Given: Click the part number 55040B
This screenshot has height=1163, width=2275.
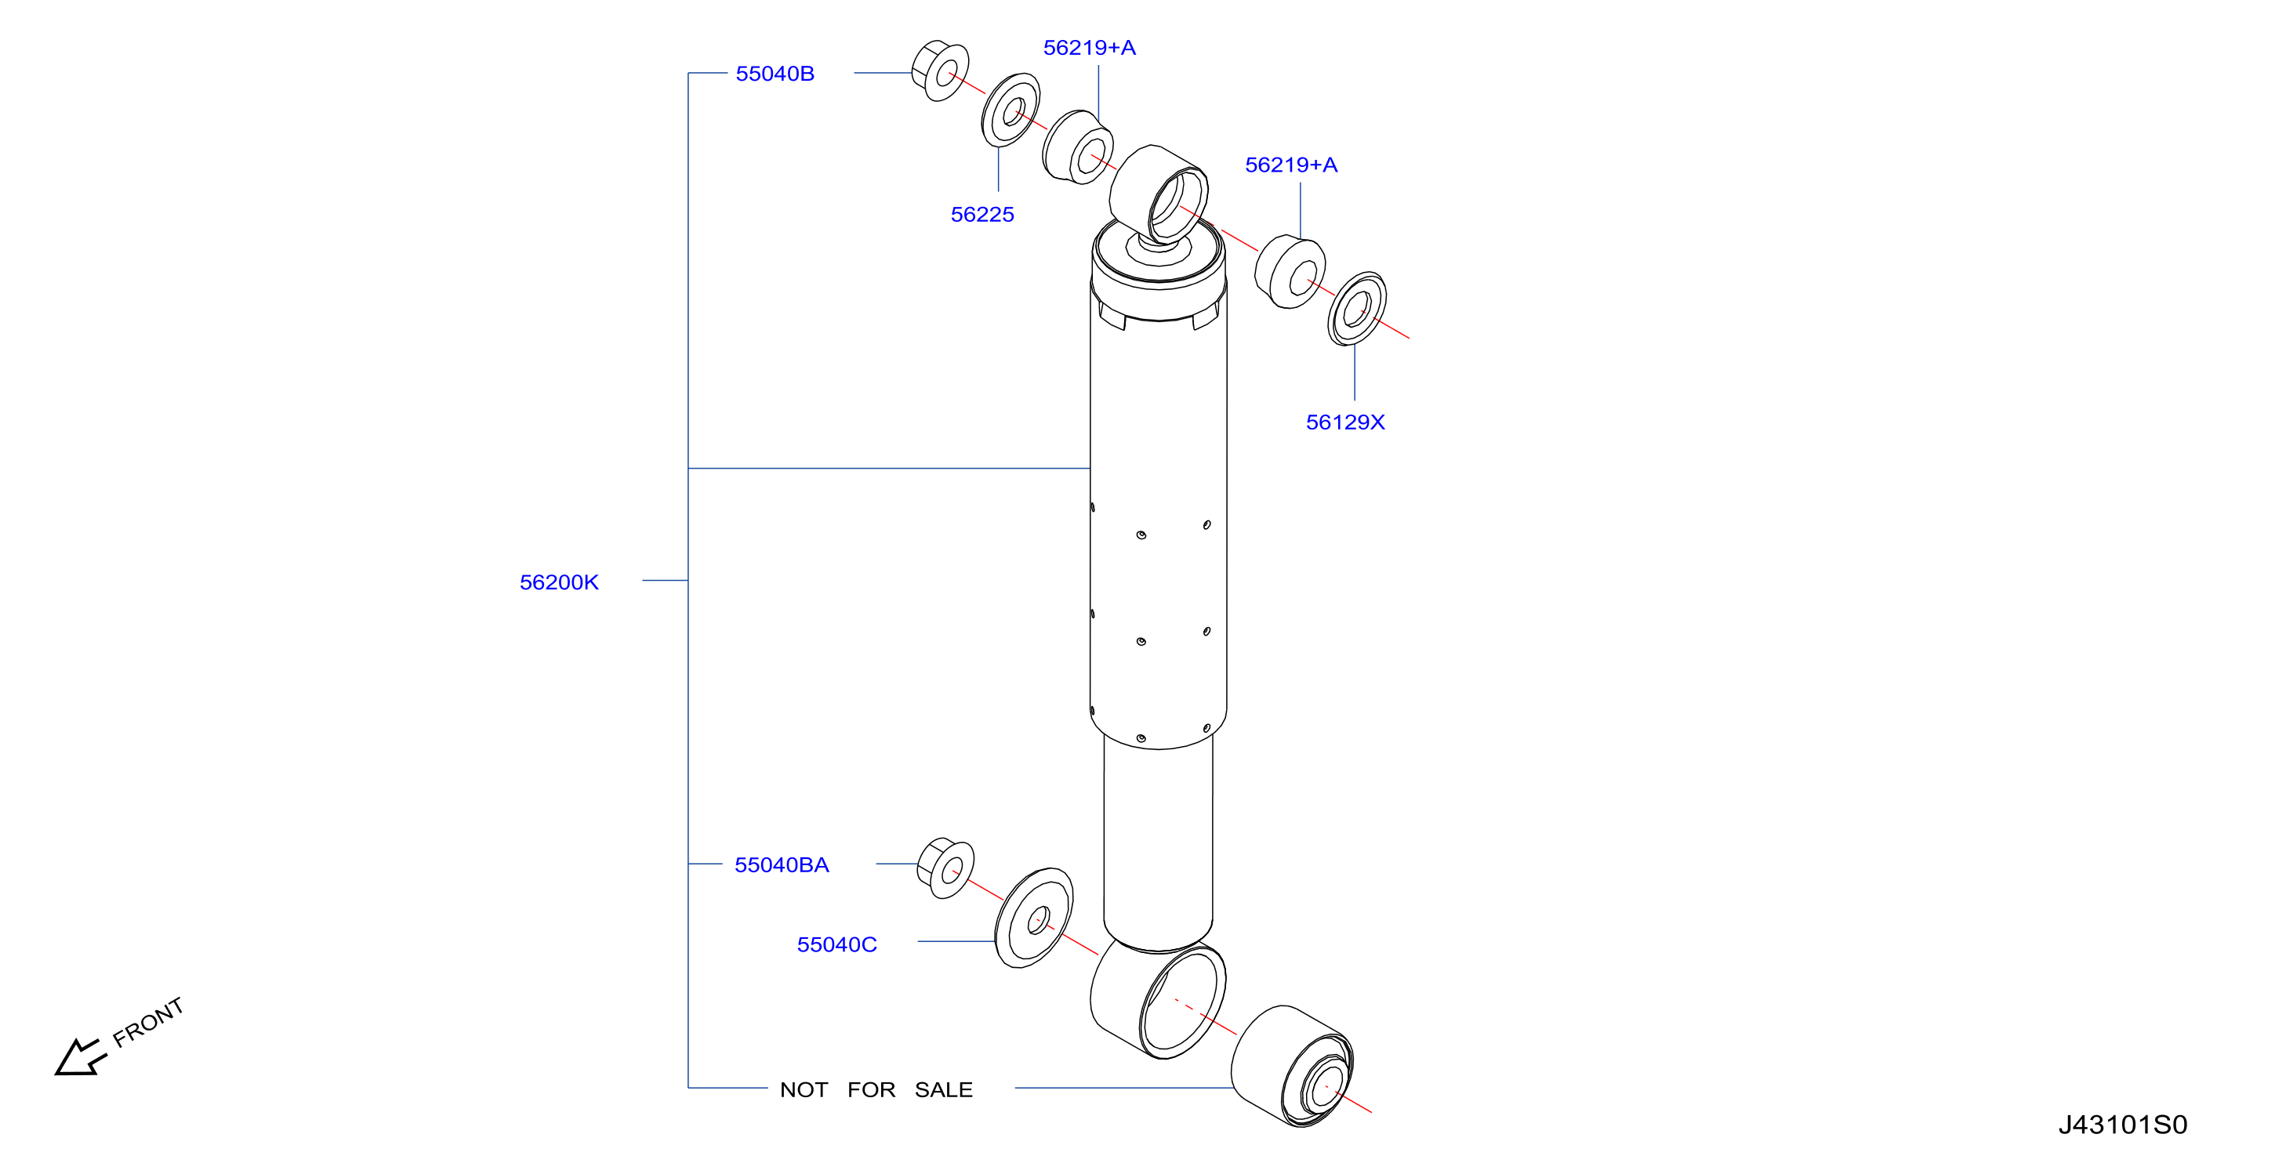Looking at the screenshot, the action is click(775, 74).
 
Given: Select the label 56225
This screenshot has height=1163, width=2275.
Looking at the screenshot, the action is click(982, 215).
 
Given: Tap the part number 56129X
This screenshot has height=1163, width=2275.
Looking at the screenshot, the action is click(1345, 422).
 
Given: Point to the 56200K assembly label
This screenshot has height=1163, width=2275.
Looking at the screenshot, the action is click(559, 582).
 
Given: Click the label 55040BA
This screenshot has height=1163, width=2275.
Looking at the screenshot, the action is click(782, 864).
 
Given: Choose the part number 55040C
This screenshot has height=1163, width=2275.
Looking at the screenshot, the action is click(836, 944).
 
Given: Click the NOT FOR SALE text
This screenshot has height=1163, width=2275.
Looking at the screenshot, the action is click(876, 1089).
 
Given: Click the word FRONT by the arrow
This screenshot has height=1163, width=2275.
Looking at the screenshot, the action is click(148, 1022).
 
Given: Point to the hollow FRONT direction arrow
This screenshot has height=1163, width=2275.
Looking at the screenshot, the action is click(79, 1057).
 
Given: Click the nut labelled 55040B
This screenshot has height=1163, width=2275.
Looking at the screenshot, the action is click(940, 70).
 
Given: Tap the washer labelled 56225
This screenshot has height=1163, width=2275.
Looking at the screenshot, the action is click(1011, 111).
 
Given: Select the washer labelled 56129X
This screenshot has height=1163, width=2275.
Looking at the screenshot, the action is click(1356, 308).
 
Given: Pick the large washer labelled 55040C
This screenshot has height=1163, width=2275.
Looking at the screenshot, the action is click(1034, 918).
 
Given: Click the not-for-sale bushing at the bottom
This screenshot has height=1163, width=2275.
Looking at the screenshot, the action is click(1292, 1066).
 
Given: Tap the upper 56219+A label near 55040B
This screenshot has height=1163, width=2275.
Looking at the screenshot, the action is click(1089, 48).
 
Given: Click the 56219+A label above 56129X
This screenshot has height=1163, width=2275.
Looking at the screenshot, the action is click(1290, 165).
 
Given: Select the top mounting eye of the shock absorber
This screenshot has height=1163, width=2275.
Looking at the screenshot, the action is click(1159, 194).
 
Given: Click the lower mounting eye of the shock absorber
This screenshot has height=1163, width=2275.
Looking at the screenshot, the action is click(1158, 998).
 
